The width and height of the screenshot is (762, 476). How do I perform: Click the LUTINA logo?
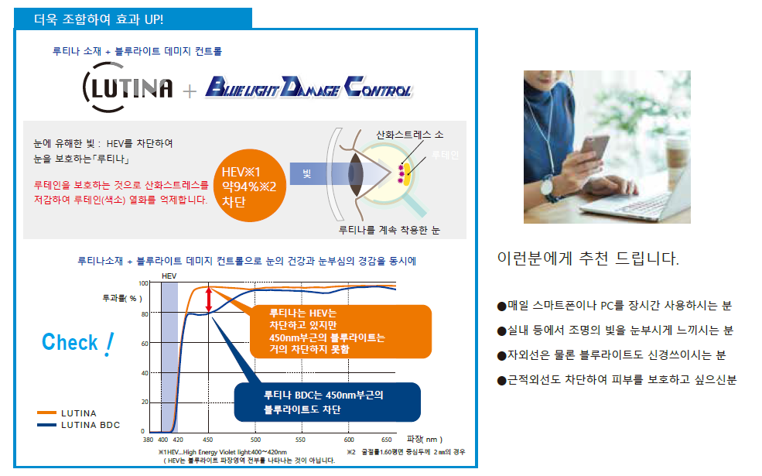128,87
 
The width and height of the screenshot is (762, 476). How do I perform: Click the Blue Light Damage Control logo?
309,87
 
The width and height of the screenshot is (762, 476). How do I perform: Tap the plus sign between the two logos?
190,91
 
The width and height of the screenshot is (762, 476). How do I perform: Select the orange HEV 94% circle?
249,186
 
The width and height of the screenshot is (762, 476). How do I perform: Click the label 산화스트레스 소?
410,135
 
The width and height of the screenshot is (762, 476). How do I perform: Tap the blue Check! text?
78,343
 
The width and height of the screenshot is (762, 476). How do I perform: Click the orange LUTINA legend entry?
67,413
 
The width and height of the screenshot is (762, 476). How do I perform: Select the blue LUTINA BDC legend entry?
78,425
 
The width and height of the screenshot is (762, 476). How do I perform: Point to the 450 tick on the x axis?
208,440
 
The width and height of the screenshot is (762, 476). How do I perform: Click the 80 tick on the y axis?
145,314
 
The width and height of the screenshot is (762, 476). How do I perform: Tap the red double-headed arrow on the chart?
209,300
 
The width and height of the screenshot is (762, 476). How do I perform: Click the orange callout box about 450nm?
340,331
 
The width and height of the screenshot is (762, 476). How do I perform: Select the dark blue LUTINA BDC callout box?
327,402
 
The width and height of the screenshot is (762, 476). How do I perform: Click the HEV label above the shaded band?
169,276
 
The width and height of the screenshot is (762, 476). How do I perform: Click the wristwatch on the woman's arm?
548,187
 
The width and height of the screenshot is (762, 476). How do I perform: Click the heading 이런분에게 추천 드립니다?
588,259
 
